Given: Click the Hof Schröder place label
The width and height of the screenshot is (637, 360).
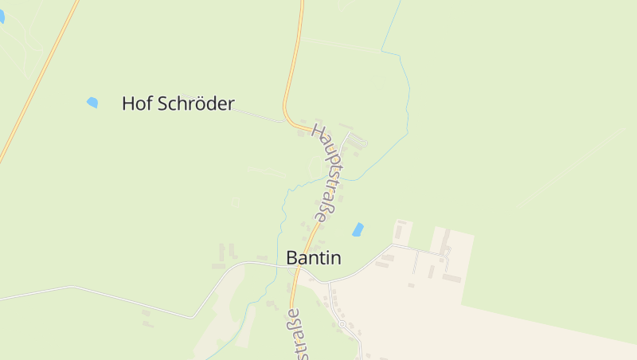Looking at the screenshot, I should (178, 104).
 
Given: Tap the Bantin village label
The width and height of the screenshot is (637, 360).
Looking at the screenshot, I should (313, 258).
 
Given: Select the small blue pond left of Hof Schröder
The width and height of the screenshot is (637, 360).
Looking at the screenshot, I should (92, 102).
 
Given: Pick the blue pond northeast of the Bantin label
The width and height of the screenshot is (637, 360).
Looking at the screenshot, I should (358, 229).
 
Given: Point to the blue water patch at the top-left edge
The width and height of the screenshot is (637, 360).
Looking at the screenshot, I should (2, 17).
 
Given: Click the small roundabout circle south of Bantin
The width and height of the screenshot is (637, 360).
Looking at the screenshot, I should (342, 324).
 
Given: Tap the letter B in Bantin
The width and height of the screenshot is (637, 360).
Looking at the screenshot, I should (291, 258).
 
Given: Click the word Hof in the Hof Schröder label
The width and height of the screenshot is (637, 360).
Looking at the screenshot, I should (135, 104).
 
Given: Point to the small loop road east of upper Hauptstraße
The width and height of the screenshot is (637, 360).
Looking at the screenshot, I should (357, 141).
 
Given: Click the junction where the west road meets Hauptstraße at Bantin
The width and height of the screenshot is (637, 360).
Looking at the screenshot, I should (297, 266).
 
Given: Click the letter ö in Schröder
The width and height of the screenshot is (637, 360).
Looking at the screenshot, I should (196, 104).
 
